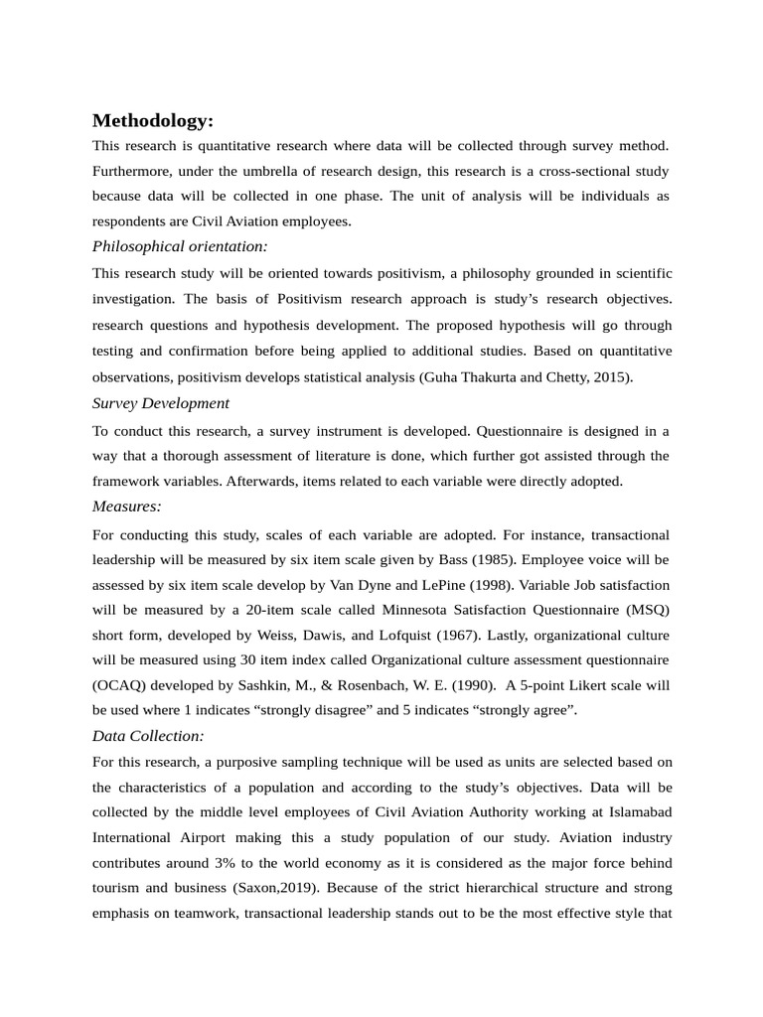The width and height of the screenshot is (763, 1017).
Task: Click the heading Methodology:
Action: click(152, 121)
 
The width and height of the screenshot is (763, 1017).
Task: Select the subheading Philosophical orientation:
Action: click(180, 246)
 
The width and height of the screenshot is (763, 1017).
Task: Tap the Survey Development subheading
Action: click(161, 403)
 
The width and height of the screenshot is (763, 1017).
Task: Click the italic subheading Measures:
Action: click(126, 507)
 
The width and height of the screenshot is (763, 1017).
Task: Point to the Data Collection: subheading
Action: click(148, 736)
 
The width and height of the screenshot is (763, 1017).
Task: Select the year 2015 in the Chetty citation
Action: click(611, 377)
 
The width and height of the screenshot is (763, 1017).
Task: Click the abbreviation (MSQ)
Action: click(647, 611)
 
